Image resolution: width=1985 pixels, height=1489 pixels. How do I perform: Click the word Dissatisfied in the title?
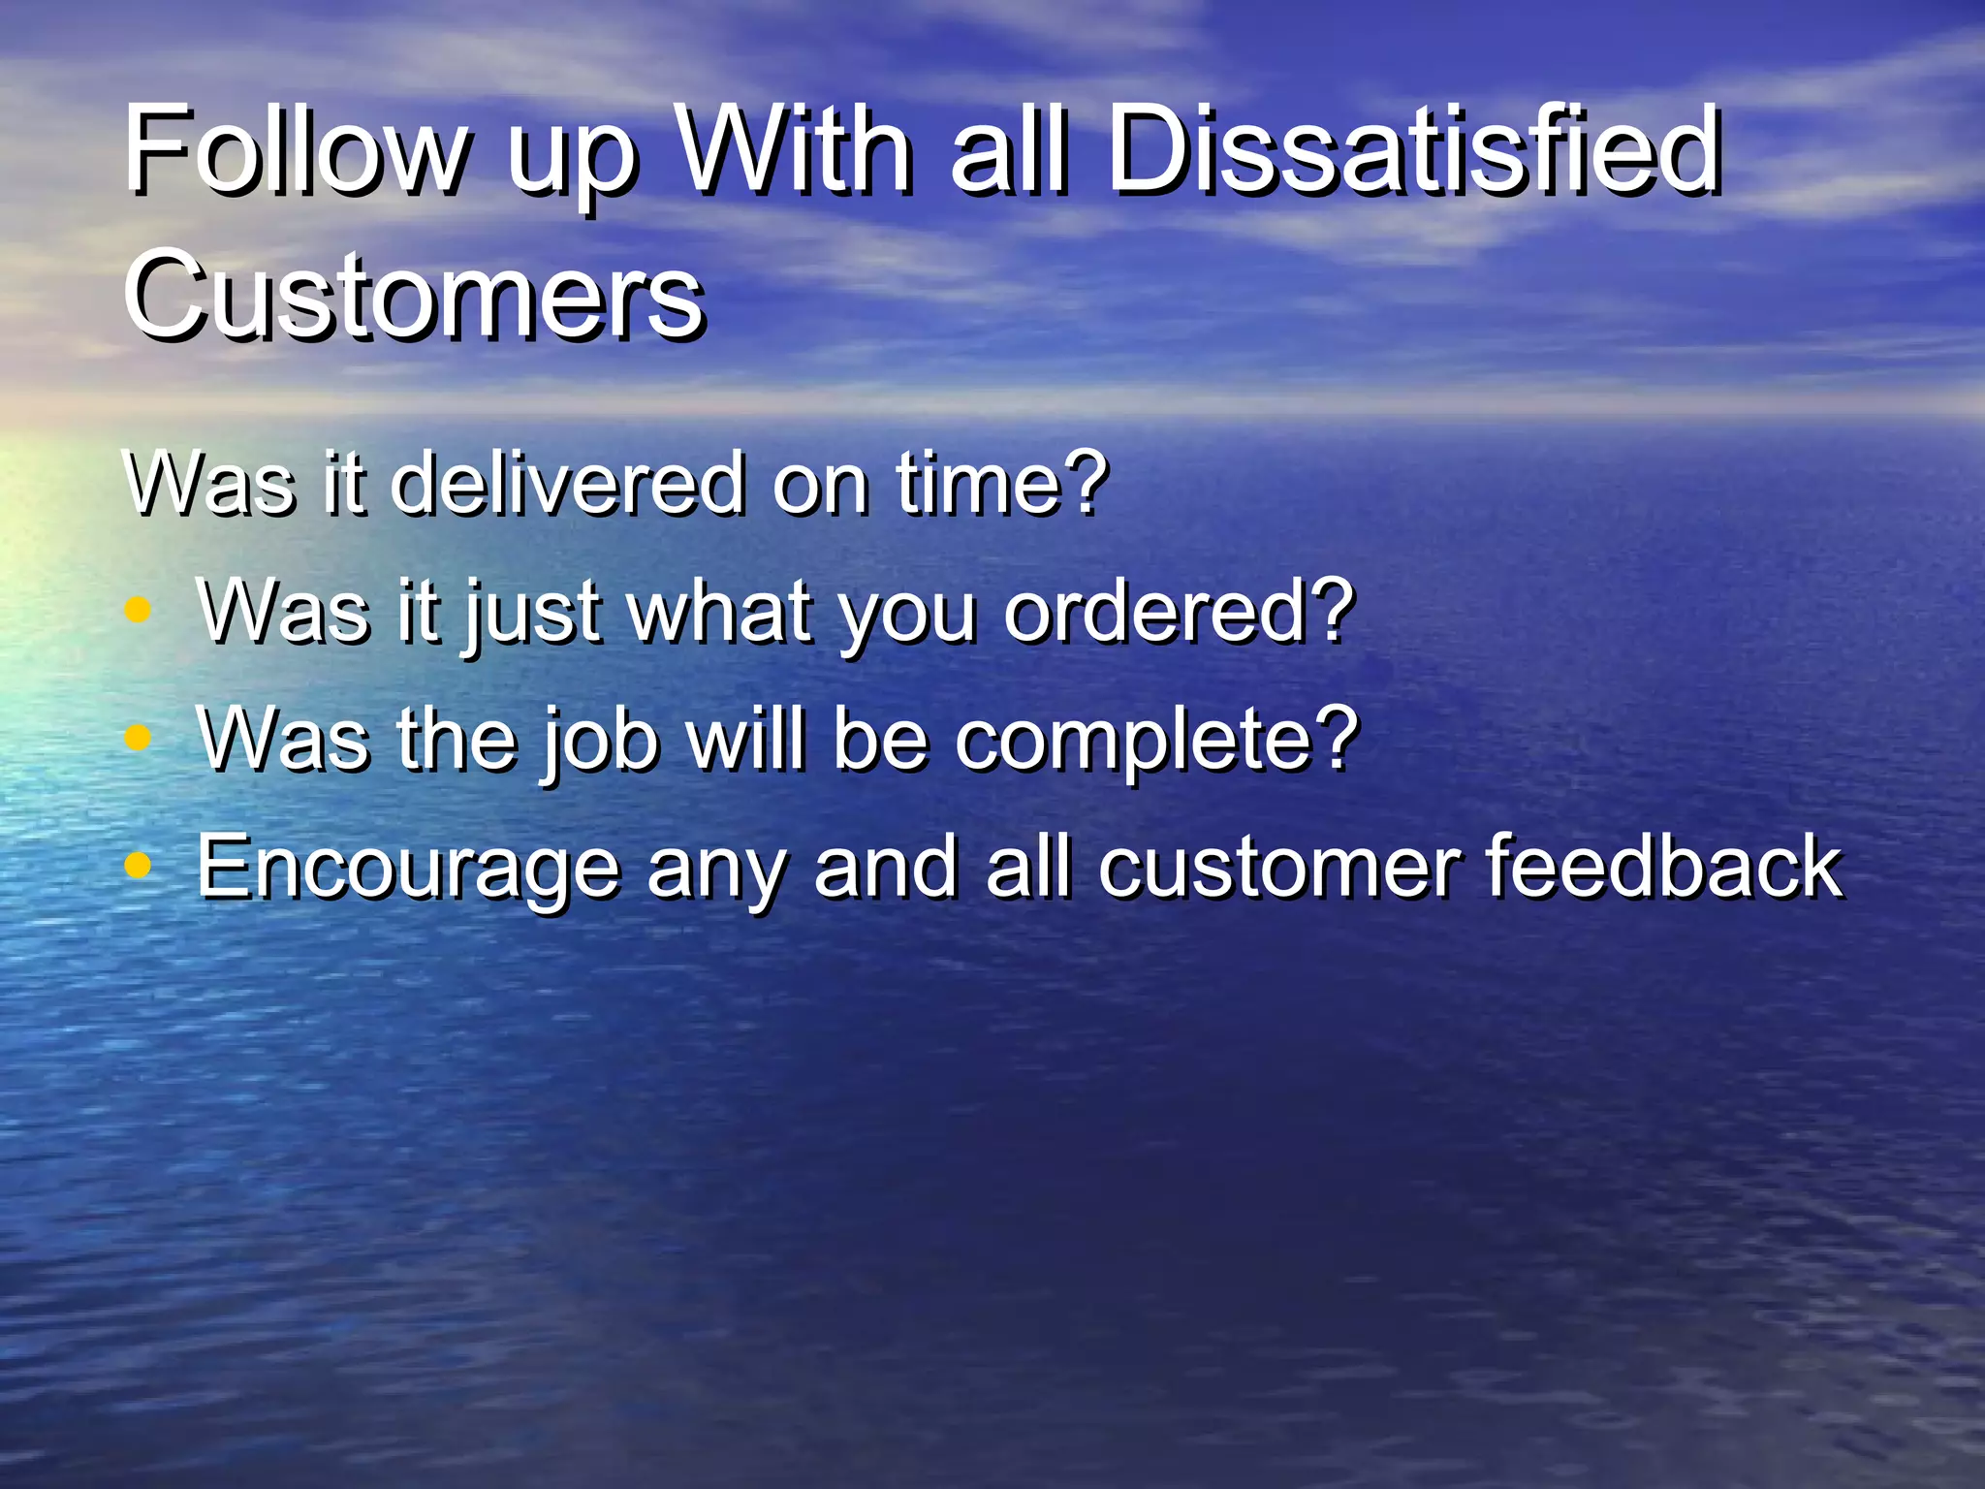tap(1412, 150)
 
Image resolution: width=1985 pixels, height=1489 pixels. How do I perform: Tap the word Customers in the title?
tap(414, 294)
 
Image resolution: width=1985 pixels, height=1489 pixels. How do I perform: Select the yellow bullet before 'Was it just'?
tap(139, 611)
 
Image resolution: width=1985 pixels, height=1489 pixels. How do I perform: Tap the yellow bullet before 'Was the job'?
tap(139, 739)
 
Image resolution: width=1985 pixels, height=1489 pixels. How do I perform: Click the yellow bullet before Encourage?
tap(139, 866)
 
